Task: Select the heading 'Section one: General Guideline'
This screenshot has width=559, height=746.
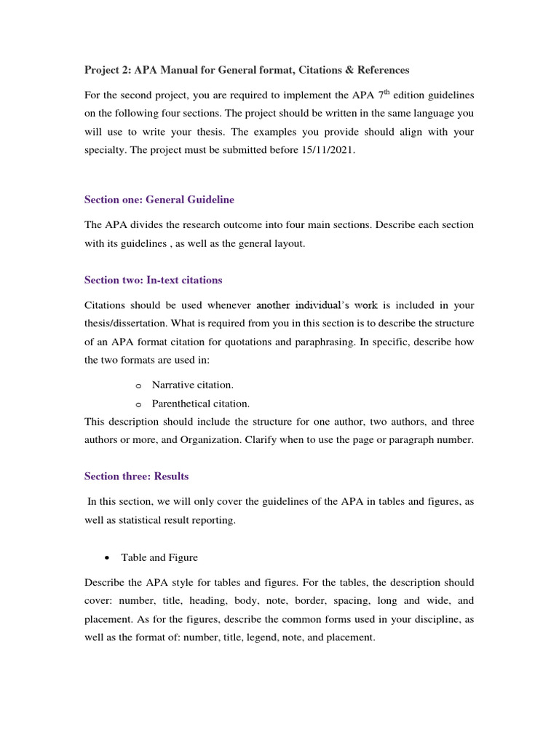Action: tap(159, 199)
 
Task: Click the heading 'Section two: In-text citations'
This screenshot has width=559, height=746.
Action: tap(154, 280)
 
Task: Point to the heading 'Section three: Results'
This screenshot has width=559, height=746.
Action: tap(137, 476)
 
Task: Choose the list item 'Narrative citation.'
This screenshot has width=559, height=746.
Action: tap(193, 384)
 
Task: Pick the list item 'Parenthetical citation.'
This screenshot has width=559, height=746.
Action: tap(201, 403)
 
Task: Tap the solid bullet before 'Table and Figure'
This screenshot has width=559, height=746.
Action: tap(107, 558)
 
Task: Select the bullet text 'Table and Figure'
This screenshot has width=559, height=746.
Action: tap(159, 557)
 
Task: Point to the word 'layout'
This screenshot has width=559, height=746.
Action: tap(287, 244)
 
